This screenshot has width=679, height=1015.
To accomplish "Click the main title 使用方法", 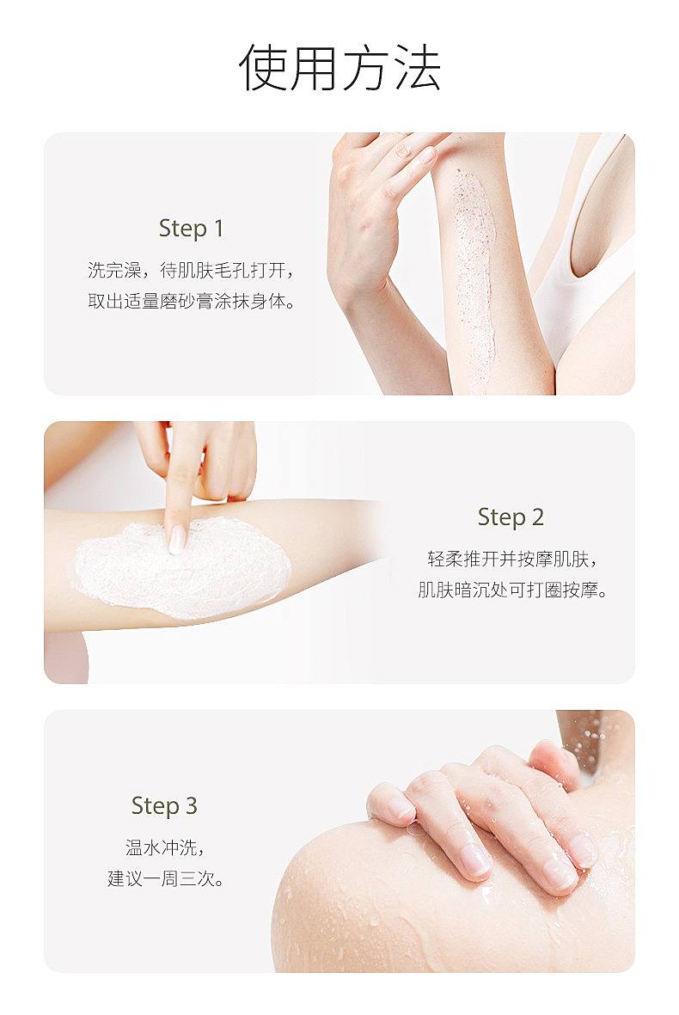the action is click(x=339, y=68).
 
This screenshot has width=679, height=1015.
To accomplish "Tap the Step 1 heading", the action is click(x=191, y=229).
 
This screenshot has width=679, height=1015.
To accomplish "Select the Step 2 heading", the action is click(x=510, y=517).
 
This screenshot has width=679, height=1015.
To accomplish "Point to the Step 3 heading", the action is click(x=164, y=806).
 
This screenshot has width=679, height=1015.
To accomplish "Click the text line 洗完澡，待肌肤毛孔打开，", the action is click(x=192, y=270).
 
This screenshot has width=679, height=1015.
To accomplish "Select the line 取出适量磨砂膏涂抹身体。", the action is click(x=192, y=301).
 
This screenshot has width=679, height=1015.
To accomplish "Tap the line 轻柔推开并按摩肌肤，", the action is click(x=511, y=559).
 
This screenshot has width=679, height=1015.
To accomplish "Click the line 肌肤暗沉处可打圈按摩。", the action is click(x=511, y=590).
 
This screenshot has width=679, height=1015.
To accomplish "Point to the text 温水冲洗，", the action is click(x=165, y=847).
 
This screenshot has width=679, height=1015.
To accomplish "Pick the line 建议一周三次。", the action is click(x=165, y=878).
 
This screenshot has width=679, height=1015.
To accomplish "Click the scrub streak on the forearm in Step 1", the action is click(x=475, y=278).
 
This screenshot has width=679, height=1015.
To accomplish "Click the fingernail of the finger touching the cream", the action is click(x=177, y=539).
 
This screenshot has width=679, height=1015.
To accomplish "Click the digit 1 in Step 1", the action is click(x=218, y=229).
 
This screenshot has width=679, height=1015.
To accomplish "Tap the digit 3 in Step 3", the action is click(x=190, y=806).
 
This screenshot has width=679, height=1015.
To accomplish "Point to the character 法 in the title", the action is click(x=418, y=68).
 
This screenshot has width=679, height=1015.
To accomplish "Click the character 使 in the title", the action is click(x=261, y=68).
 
